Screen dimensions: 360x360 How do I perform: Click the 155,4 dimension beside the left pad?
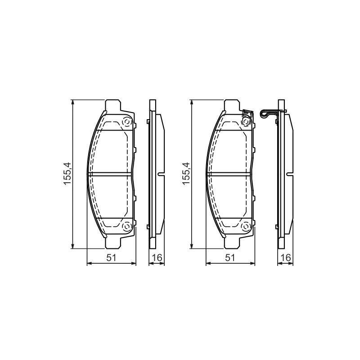point(68,174)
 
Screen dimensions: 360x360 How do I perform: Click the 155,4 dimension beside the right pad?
point(186,174)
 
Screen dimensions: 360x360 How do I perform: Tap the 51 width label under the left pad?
point(111,258)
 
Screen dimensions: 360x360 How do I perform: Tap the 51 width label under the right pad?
point(230,258)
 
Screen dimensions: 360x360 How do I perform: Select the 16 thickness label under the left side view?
point(157,258)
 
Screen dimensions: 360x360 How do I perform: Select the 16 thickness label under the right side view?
point(286,258)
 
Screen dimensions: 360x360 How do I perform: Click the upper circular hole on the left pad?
point(126,121)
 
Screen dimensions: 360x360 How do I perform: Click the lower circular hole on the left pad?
point(126,227)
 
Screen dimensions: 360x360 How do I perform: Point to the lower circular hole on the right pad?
point(245,227)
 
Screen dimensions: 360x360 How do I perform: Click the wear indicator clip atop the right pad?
point(247,114)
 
